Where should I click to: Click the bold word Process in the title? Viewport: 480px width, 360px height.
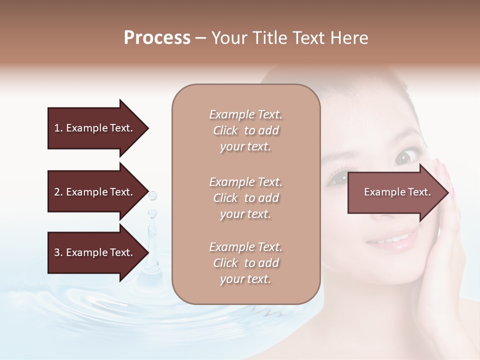coord(157,38)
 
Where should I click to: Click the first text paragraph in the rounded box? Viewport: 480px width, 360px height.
coord(245,130)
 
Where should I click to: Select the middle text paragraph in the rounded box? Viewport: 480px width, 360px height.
coord(245,198)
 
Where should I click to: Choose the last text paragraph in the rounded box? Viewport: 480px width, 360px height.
coord(245,263)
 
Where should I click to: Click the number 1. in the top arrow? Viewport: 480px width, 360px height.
coord(58,128)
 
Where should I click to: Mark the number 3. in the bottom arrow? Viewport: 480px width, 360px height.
coord(58,252)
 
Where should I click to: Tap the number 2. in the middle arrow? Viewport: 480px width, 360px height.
coord(58,192)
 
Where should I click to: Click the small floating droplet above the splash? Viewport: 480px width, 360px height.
coord(152,195)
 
